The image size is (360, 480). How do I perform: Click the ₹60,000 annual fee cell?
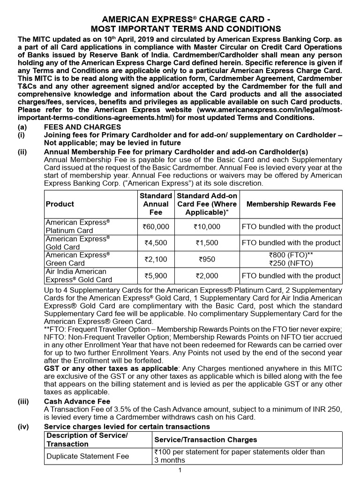pyautogui.click(x=156, y=226)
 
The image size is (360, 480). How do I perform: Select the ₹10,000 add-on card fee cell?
pyautogui.click(x=207, y=226)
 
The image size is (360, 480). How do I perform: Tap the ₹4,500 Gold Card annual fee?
pyautogui.click(x=156, y=243)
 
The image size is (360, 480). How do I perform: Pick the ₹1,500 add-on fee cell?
pyautogui.click(x=207, y=243)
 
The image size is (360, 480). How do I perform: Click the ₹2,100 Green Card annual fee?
pyautogui.click(x=156, y=259)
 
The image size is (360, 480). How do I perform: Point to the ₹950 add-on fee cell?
pyautogui.click(x=207, y=259)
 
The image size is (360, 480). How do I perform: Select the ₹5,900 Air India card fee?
pyautogui.click(x=156, y=276)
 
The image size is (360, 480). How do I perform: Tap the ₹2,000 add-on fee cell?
pyautogui.click(x=207, y=276)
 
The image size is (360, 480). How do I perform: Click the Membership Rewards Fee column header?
pyautogui.click(x=291, y=204)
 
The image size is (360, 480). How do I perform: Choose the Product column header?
pyautogui.click(x=60, y=204)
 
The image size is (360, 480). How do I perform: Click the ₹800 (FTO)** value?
pyautogui.click(x=291, y=255)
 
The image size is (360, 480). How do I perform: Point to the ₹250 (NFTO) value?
pyautogui.click(x=291, y=263)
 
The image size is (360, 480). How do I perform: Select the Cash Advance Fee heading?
pyautogui.click(x=77, y=401)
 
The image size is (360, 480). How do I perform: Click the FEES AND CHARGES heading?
pyautogui.click(x=82, y=127)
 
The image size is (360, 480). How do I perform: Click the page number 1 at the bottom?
pyautogui.click(x=180, y=470)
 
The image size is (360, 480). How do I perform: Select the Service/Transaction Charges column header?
pyautogui.click(x=205, y=440)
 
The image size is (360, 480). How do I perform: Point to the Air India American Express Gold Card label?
pyautogui.click(x=79, y=276)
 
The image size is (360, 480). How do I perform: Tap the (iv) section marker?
pyautogui.click(x=23, y=427)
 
